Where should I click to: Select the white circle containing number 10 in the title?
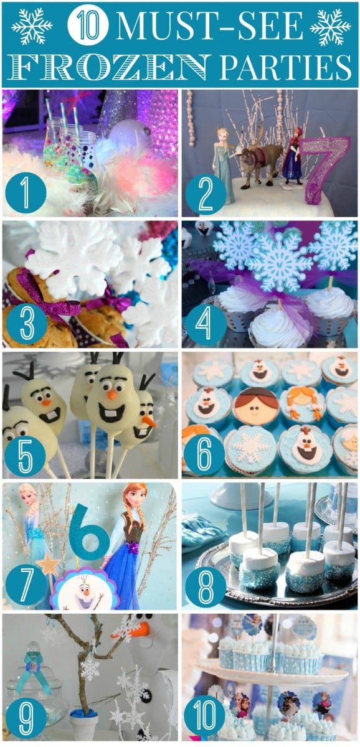[88, 26]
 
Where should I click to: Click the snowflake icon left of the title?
[32, 26]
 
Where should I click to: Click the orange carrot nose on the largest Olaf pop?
[112, 395]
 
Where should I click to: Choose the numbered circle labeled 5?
[26, 454]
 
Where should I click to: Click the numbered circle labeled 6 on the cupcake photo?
[204, 454]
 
